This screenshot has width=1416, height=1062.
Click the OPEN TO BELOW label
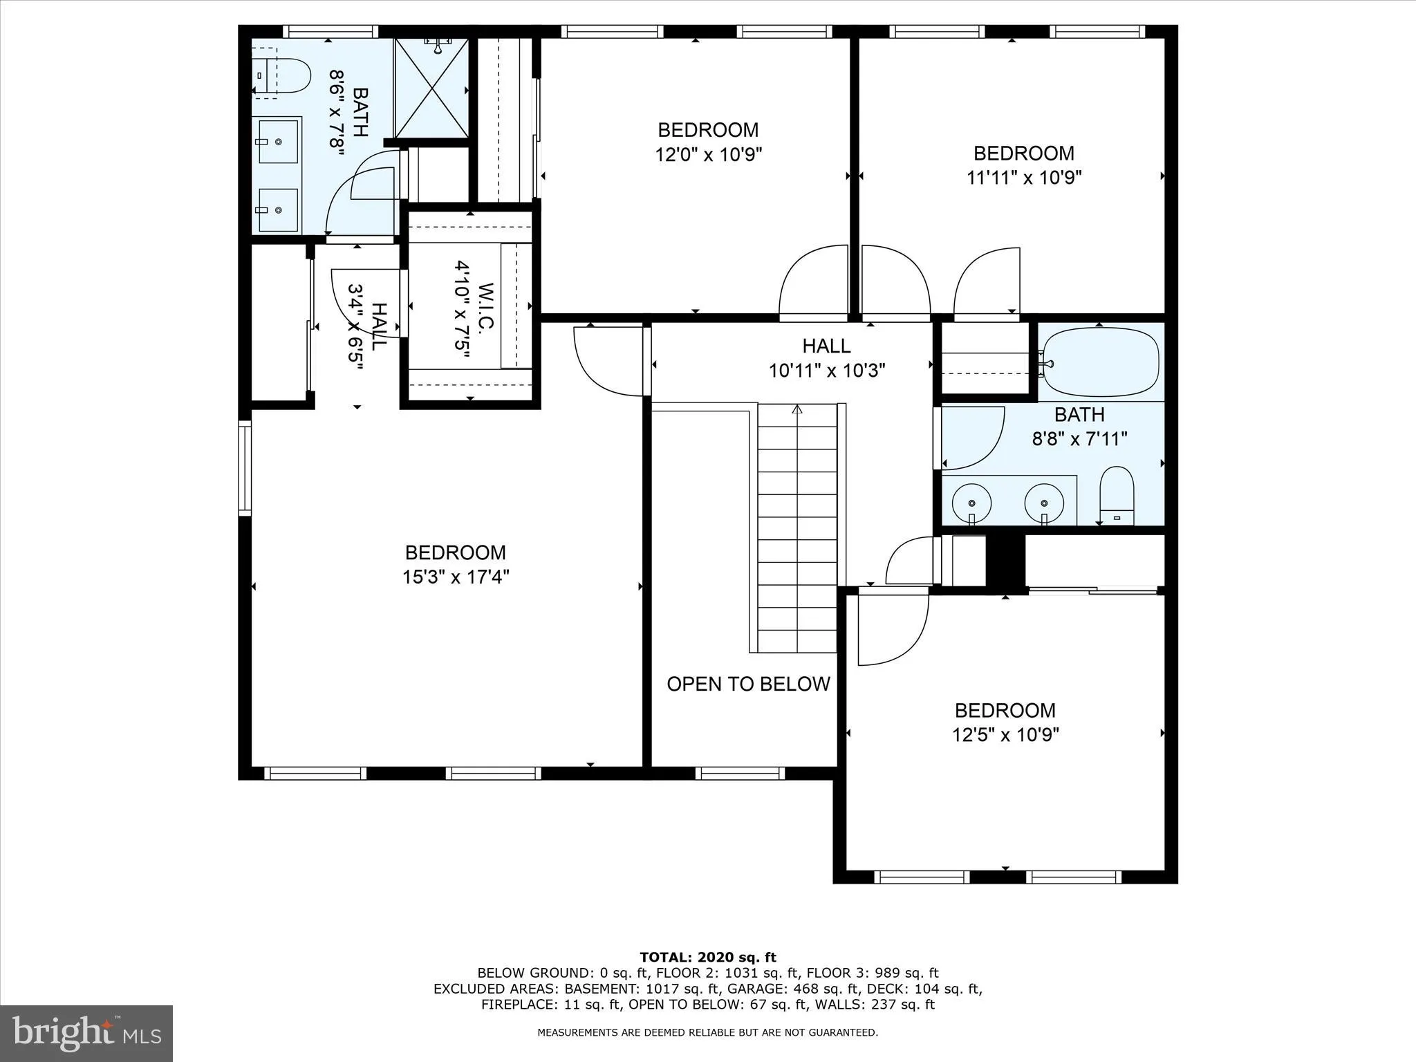[x=748, y=684]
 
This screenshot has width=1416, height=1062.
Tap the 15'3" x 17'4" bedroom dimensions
[x=456, y=577]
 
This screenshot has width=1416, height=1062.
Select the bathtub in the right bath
[x=1100, y=361]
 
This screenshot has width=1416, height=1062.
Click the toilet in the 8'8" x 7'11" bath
[x=1117, y=495]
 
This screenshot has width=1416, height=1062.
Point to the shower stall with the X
[x=431, y=88]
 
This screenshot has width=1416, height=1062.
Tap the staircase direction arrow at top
[x=796, y=409]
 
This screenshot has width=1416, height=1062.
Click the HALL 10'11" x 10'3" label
[x=826, y=357]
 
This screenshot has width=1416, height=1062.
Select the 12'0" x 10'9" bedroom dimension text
[x=708, y=154]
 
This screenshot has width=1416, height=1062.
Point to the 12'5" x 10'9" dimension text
[x=1005, y=734]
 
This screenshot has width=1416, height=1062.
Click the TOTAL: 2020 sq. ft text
[x=707, y=958]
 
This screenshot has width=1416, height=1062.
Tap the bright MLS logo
[x=86, y=1034]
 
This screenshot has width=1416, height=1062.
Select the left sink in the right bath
[x=971, y=503]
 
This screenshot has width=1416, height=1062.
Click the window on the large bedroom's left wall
[x=245, y=468]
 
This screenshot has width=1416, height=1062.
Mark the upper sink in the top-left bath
[x=277, y=141]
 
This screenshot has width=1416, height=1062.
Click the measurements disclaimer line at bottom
[x=707, y=1032]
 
